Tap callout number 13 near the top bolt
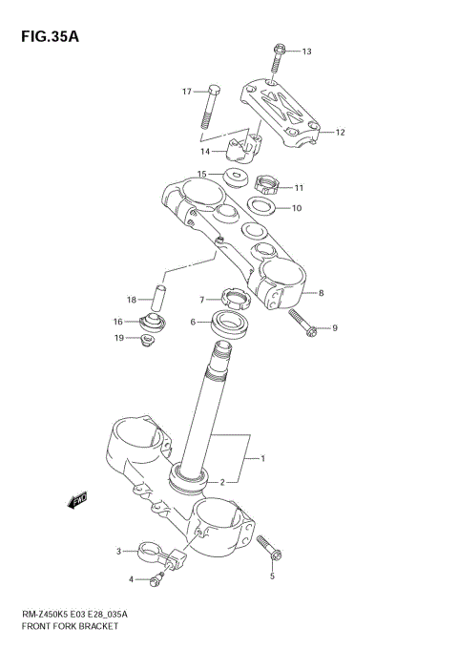pyautogui.click(x=306, y=52)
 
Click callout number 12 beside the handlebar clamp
pyautogui.click(x=340, y=133)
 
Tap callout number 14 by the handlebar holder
pyautogui.click(x=205, y=151)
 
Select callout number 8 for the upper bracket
pyautogui.click(x=322, y=293)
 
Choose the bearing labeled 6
pyautogui.click(x=231, y=324)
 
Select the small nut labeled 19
pyautogui.click(x=147, y=340)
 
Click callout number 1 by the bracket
pyautogui.click(x=262, y=459)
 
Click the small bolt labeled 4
pyautogui.click(x=156, y=578)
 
